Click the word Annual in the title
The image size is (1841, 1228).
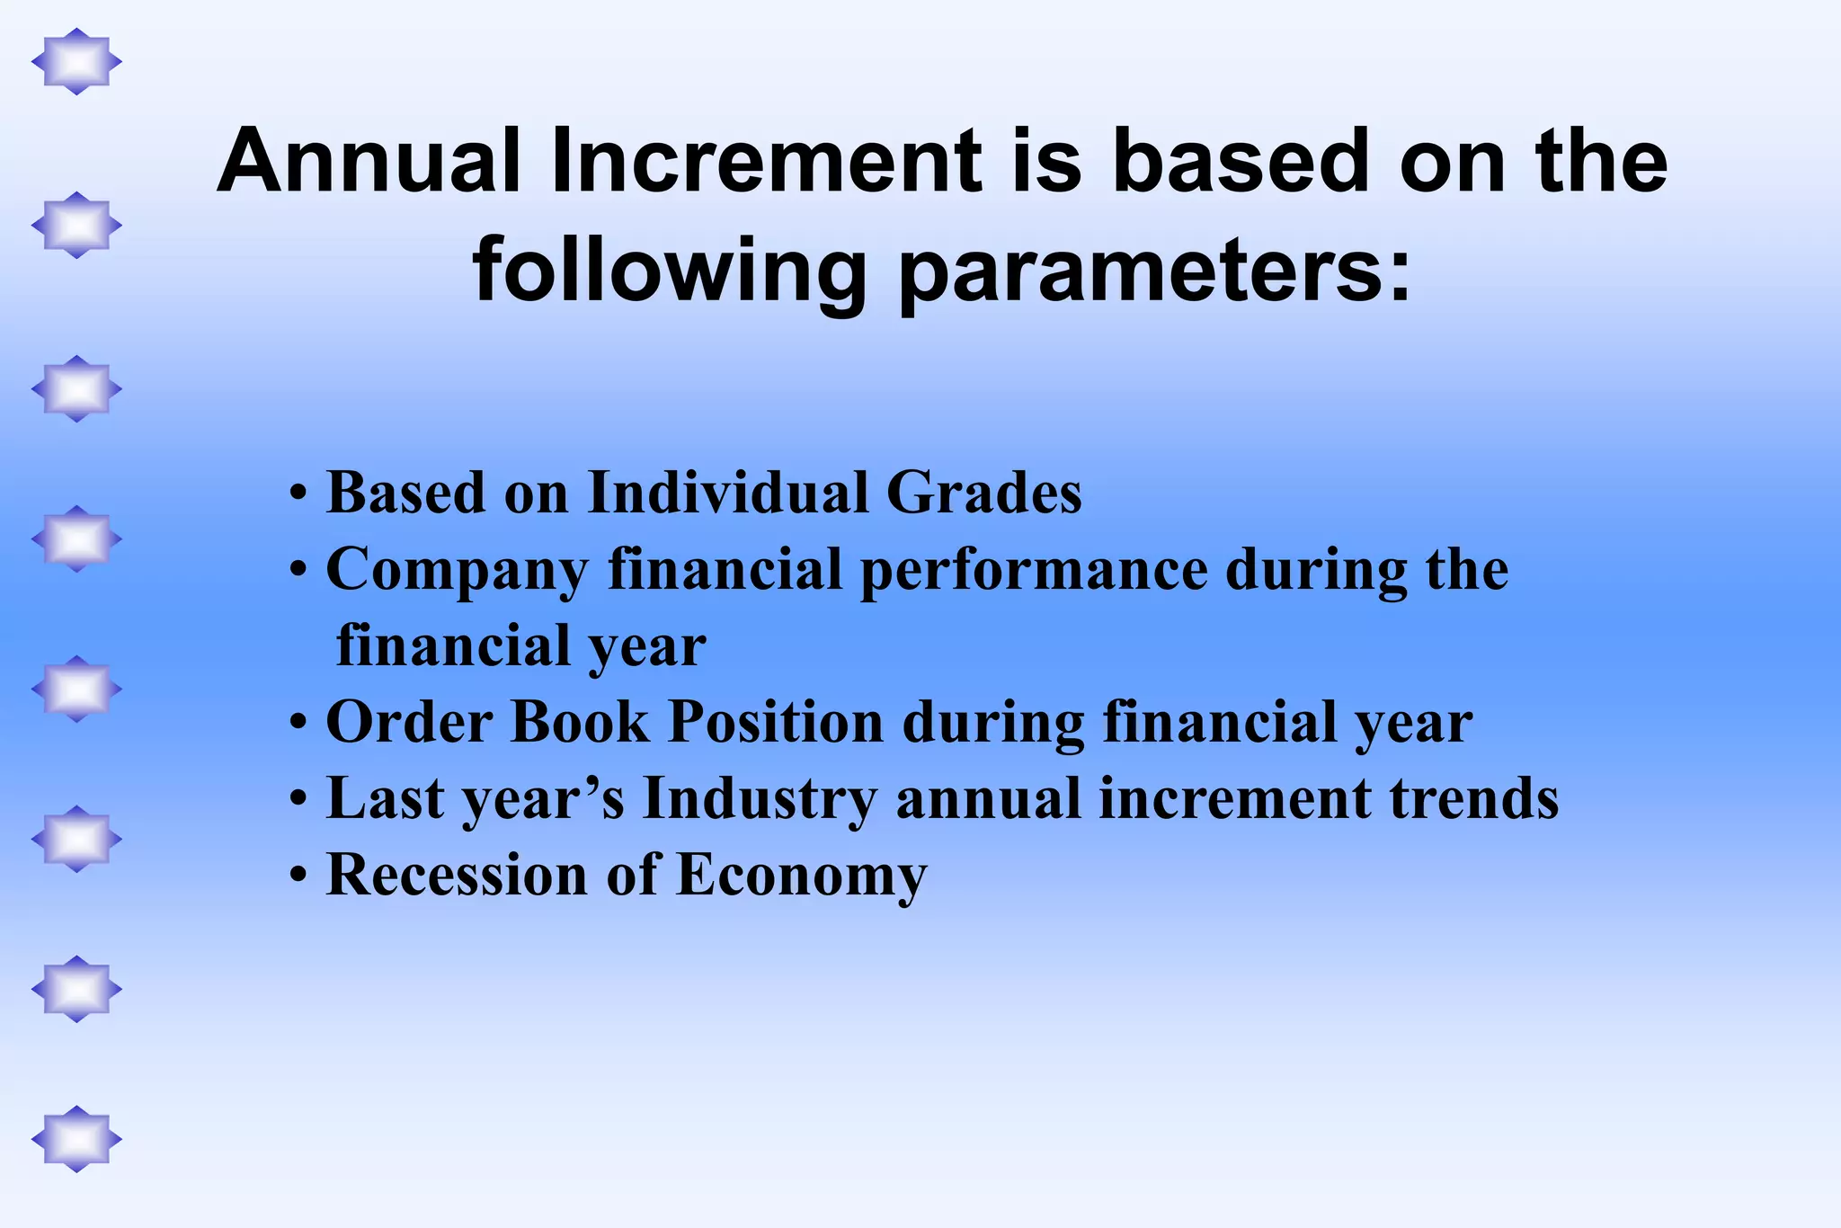[369, 162]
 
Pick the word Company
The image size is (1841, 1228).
[457, 570]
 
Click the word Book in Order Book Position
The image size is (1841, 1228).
[579, 723]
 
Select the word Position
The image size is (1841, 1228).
[776, 723]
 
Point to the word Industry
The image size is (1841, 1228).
[760, 799]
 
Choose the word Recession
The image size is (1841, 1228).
[456, 875]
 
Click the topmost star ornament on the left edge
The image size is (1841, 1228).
[76, 61]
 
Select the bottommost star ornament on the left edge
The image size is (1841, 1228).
[76, 1139]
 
